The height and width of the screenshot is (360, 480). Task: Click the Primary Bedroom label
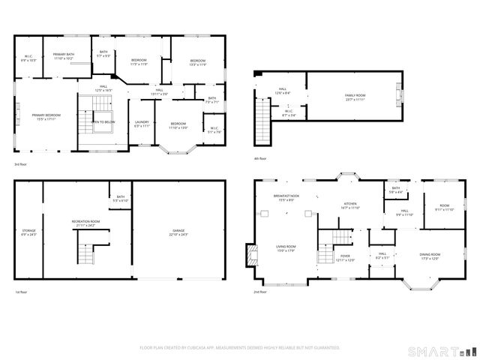click(x=46, y=116)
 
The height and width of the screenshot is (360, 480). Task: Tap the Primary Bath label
click(x=63, y=56)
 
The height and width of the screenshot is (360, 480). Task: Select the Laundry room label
click(x=142, y=124)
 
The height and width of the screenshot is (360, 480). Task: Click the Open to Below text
click(x=103, y=121)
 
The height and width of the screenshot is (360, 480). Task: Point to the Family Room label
click(x=355, y=97)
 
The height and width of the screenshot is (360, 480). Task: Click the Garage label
click(x=178, y=233)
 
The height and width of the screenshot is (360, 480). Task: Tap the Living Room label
click(x=283, y=248)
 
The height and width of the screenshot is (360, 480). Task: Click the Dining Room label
click(x=430, y=256)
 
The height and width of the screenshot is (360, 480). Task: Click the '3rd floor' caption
click(x=20, y=163)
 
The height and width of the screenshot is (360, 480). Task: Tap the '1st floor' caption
click(x=20, y=292)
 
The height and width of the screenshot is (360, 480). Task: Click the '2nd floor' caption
click(x=260, y=291)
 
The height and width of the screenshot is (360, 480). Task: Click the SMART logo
click(x=441, y=351)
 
